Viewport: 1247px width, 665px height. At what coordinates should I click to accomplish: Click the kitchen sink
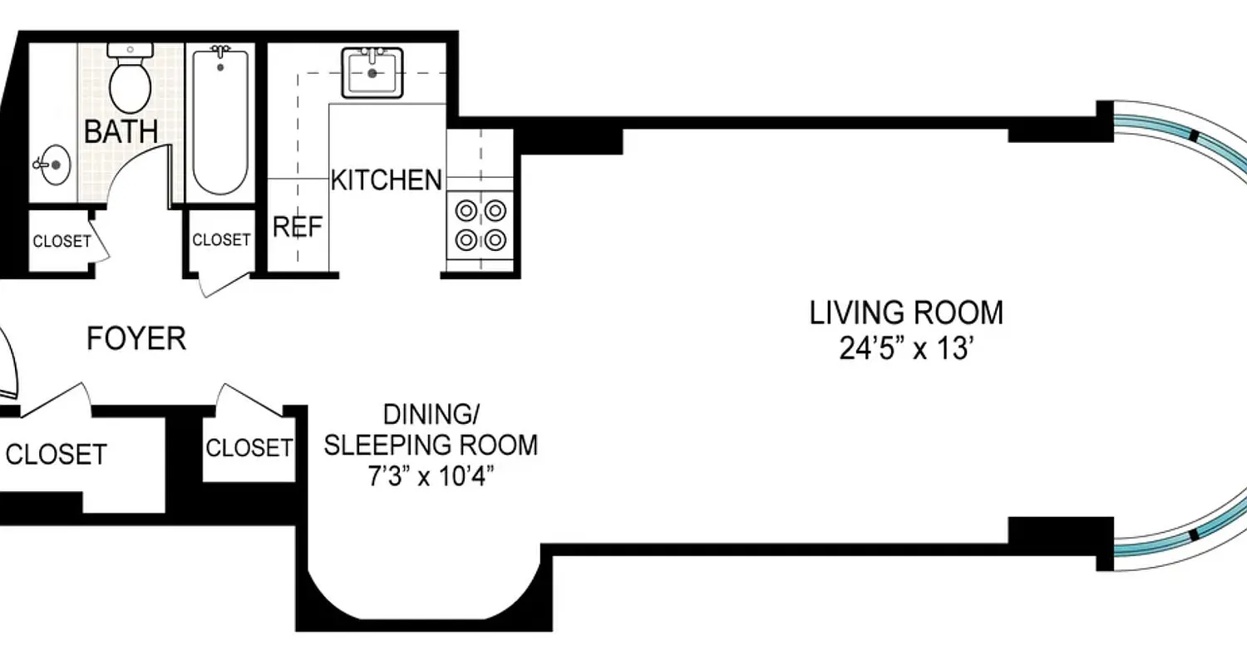click(372, 72)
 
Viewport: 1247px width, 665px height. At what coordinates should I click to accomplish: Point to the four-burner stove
click(481, 225)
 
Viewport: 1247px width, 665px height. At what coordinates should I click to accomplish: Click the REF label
click(298, 228)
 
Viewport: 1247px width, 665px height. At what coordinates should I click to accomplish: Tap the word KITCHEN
click(387, 180)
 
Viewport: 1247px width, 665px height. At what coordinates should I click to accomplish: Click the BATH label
click(121, 131)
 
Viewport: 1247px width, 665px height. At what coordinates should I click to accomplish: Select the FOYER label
click(136, 339)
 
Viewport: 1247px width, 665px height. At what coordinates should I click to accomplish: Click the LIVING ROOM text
click(906, 313)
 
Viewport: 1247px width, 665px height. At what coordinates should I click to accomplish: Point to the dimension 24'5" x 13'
click(906, 349)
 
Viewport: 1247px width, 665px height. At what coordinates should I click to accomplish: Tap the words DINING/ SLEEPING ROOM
click(430, 430)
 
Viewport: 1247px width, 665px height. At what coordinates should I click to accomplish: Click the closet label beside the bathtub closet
click(221, 240)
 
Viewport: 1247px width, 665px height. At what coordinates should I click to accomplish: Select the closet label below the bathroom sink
click(62, 242)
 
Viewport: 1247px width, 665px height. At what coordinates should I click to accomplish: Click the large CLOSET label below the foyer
click(57, 455)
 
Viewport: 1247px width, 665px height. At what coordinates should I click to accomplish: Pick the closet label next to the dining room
click(249, 448)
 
